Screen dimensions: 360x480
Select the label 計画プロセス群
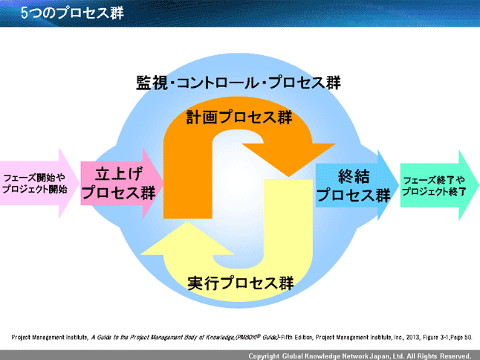[x=239, y=118]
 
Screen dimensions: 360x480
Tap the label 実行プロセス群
[x=240, y=283]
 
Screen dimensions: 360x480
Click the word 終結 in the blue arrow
[x=353, y=176]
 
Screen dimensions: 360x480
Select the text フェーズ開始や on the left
[x=34, y=179]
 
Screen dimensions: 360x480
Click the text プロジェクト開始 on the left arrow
[x=34, y=190]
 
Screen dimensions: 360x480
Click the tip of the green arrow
[x=478, y=186]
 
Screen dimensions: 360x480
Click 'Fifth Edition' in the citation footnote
[x=302, y=337]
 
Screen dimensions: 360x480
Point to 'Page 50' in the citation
[x=459, y=337]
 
